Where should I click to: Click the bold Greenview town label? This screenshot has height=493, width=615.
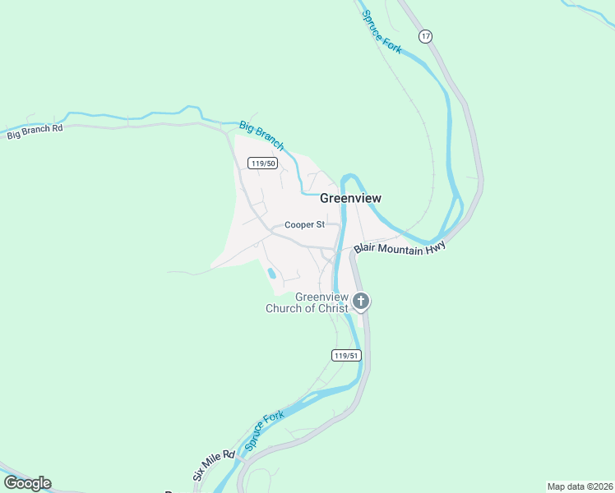click(x=350, y=198)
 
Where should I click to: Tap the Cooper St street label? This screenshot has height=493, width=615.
click(x=305, y=224)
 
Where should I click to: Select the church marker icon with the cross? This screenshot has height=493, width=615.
click(x=361, y=302)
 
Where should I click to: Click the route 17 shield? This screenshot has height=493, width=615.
click(x=424, y=36)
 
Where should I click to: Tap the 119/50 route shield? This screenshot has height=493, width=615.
click(x=264, y=164)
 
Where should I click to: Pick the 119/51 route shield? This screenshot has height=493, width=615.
click(x=346, y=355)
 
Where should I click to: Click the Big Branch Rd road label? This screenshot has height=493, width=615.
click(x=35, y=131)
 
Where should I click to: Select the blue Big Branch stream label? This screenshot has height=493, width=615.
click(x=262, y=136)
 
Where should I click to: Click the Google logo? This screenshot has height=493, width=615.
click(x=27, y=483)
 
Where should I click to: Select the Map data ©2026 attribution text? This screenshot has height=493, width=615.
click(x=580, y=486)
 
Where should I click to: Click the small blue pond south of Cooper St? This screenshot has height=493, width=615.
click(x=271, y=274)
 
